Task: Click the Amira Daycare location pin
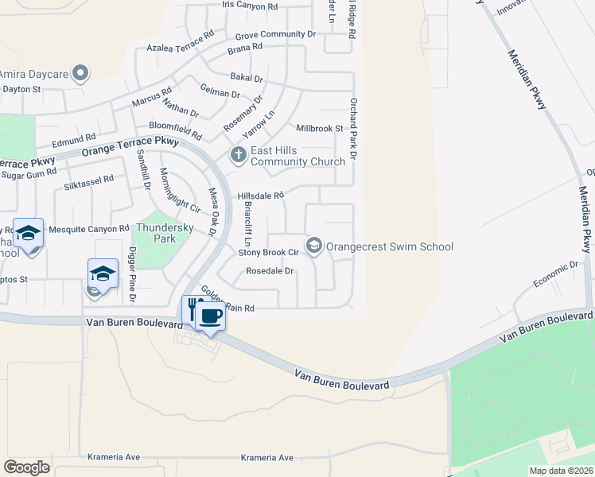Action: pos(80,74)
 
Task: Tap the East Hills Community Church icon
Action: pos(237,154)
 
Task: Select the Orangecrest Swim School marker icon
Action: pos(314,246)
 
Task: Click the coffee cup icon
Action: pos(210,316)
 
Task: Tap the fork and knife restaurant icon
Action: pos(192,307)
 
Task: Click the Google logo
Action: pos(27,467)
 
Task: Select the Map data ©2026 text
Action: pos(561,471)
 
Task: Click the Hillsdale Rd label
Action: pos(261,196)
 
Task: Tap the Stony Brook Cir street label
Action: pos(268,253)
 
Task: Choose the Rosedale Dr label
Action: pos(270,271)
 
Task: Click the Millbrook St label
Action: pos(319,128)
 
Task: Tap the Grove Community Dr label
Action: pos(270,35)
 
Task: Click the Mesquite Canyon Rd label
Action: pos(89,229)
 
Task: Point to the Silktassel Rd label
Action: pos(88,185)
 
